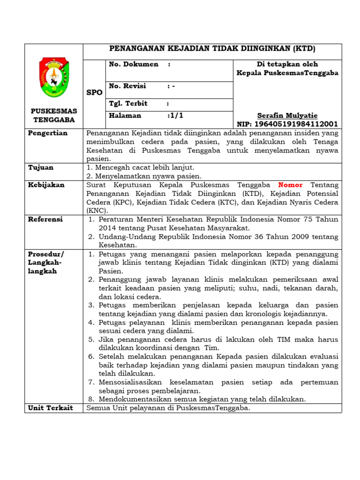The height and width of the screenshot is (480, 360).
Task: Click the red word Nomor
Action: [x=291, y=185]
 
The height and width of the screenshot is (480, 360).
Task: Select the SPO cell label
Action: [x=94, y=93]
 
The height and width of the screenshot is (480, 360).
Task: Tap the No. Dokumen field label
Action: [x=134, y=64]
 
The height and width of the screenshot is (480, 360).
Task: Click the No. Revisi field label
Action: [x=127, y=86]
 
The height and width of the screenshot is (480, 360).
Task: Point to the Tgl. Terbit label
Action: [x=128, y=104]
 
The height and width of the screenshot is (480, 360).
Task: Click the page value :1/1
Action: [x=175, y=115]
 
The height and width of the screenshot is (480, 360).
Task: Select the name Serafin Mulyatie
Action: [x=287, y=115]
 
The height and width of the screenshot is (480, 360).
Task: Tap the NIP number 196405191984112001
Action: [x=287, y=124]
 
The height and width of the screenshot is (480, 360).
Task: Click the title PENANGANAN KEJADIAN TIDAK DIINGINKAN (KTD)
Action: [x=212, y=49]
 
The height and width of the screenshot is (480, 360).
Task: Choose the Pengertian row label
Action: [x=48, y=133]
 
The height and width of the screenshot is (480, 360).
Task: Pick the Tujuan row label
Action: [x=41, y=167]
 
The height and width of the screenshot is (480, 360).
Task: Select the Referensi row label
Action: [x=45, y=219]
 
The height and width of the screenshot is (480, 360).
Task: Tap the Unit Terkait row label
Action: [x=51, y=408]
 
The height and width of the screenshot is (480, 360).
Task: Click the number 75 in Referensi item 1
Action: [x=309, y=219]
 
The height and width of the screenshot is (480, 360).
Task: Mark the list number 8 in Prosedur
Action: [x=92, y=399]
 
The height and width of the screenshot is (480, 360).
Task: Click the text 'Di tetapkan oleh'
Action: [x=287, y=64]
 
